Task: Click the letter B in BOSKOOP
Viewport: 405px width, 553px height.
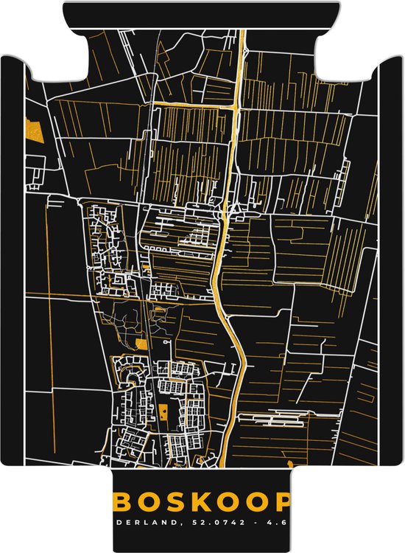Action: coord(123,502)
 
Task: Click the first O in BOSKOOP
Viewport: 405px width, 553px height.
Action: coord(148,502)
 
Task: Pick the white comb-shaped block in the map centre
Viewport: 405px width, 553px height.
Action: coord(191,238)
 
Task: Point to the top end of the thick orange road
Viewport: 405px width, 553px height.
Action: coord(241,33)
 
